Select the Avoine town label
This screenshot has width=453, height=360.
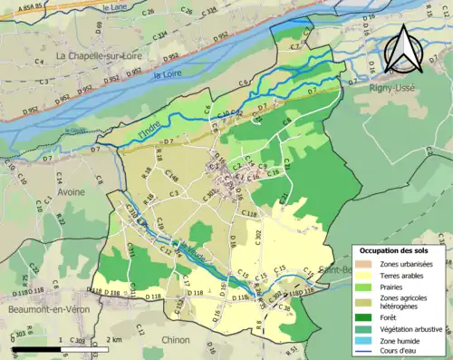(71, 191)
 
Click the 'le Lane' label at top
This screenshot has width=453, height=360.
(115, 6)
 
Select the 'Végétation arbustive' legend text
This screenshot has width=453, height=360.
(412, 329)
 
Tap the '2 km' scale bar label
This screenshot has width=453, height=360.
(114, 339)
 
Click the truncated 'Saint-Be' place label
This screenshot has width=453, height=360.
(335, 269)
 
